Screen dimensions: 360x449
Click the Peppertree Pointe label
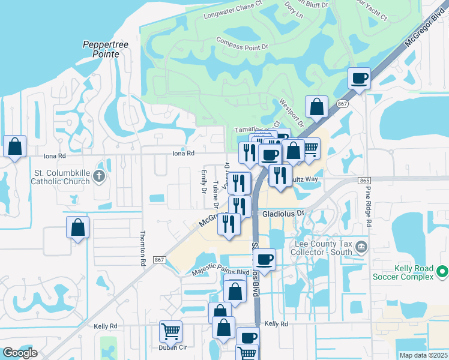[101, 49]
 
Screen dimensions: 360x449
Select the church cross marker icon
[100, 176]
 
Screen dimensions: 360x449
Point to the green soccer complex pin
[442, 272]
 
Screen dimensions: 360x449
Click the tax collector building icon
[361, 247]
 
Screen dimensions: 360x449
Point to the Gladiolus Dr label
[283, 213]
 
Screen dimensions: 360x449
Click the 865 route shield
[364, 181]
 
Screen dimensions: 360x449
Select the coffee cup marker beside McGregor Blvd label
[359, 78]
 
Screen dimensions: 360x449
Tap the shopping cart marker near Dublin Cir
[170, 330]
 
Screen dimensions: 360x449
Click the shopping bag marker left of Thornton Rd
[78, 227]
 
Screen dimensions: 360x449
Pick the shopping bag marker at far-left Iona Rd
[15, 146]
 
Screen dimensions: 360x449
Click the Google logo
[20, 353]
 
